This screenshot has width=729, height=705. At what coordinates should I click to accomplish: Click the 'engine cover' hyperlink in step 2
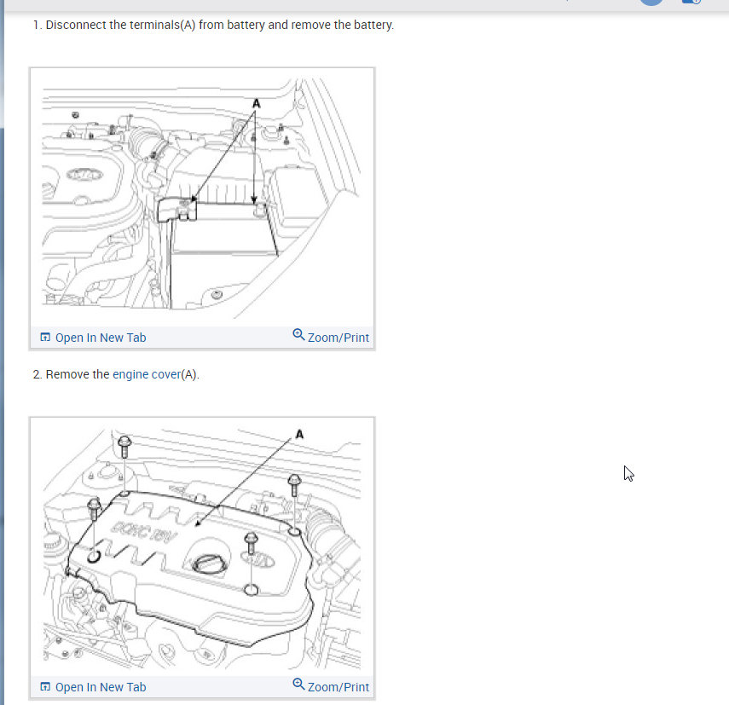pyautogui.click(x=147, y=374)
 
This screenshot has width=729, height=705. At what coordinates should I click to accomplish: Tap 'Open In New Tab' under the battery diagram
pyautogui.click(x=101, y=338)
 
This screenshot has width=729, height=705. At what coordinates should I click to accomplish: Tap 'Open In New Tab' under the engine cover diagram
pyautogui.click(x=101, y=687)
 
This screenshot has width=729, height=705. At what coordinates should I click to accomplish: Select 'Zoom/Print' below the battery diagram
pyautogui.click(x=338, y=338)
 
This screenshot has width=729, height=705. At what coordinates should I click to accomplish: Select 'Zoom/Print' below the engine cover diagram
pyautogui.click(x=338, y=687)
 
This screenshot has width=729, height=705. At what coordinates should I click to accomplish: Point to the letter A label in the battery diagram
pyautogui.click(x=256, y=103)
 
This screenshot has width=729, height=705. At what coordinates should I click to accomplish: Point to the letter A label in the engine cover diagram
pyautogui.click(x=299, y=434)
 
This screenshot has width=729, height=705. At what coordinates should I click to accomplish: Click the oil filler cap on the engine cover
pyautogui.click(x=209, y=564)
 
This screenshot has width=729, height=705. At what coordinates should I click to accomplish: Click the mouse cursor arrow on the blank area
pyautogui.click(x=628, y=474)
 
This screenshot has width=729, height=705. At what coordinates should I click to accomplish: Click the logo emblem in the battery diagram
pyautogui.click(x=84, y=175)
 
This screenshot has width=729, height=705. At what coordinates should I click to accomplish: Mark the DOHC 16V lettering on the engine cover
pyautogui.click(x=143, y=531)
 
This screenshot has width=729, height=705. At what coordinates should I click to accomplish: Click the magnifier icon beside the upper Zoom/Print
pyautogui.click(x=298, y=335)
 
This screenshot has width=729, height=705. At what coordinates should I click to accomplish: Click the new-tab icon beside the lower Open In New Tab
pyautogui.click(x=45, y=686)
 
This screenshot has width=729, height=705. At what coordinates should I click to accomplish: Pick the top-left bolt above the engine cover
pyautogui.click(x=124, y=447)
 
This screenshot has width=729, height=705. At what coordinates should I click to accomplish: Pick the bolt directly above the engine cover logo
pyautogui.click(x=251, y=543)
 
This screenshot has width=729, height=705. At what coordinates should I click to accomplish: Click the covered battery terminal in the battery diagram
pyautogui.click(x=176, y=210)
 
